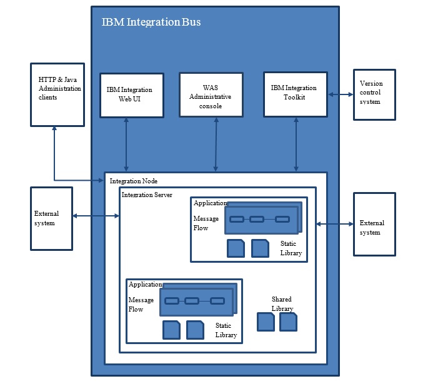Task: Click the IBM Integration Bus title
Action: pyautogui.click(x=151, y=23)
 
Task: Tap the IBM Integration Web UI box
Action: pyautogui.click(x=131, y=95)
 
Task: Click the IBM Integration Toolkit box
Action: pyautogui.click(x=295, y=94)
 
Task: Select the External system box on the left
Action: pyautogui.click(x=51, y=218)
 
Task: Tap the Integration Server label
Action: pyautogui.click(x=147, y=195)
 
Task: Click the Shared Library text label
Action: pyautogui.click(x=282, y=304)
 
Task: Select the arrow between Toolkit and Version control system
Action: pyautogui.click(x=341, y=94)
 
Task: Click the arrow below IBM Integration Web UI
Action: pyautogui.click(x=126, y=143)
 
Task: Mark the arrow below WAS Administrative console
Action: pyautogui.click(x=216, y=143)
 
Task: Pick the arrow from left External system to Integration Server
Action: pyautogui.click(x=96, y=216)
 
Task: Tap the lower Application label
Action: pyautogui.click(x=145, y=285)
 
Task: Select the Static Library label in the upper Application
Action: pyautogui.click(x=291, y=248)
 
